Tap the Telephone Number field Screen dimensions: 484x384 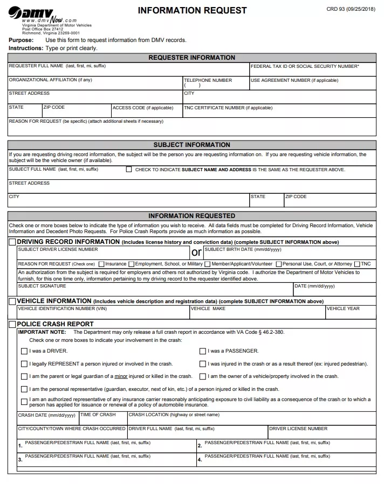click(x=216, y=85)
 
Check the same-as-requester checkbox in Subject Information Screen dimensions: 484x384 click(x=129, y=169)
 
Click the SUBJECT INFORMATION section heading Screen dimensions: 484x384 click(x=191, y=145)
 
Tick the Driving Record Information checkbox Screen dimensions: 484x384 click(x=12, y=242)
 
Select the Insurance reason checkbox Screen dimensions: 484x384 click(x=101, y=264)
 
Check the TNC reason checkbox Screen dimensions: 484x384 click(x=357, y=264)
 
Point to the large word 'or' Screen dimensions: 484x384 click(x=196, y=252)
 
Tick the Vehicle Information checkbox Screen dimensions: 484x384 click(x=12, y=301)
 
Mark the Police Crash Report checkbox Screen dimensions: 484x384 click(x=12, y=325)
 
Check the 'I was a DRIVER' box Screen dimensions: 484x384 click(x=24, y=352)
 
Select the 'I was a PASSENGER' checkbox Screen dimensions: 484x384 click(x=203, y=352)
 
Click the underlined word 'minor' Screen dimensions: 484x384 click(x=120, y=376)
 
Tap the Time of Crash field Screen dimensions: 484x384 click(x=102, y=420)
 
